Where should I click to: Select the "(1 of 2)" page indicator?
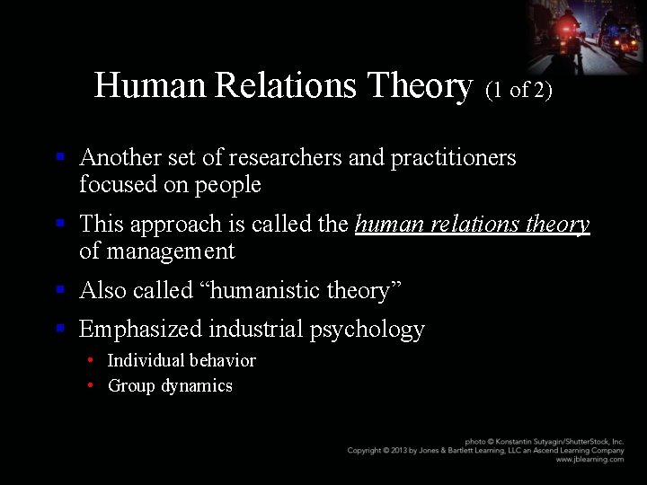(518, 90)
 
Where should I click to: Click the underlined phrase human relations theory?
(472, 225)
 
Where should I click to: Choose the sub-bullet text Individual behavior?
(182, 361)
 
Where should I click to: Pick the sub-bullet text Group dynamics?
(170, 386)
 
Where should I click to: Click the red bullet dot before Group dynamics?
(92, 385)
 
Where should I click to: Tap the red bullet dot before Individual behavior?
(92, 360)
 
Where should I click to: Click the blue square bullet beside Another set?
(60, 157)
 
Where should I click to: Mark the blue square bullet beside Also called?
(60, 290)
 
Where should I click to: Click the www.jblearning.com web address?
(589, 460)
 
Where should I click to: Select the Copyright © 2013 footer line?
(485, 451)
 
